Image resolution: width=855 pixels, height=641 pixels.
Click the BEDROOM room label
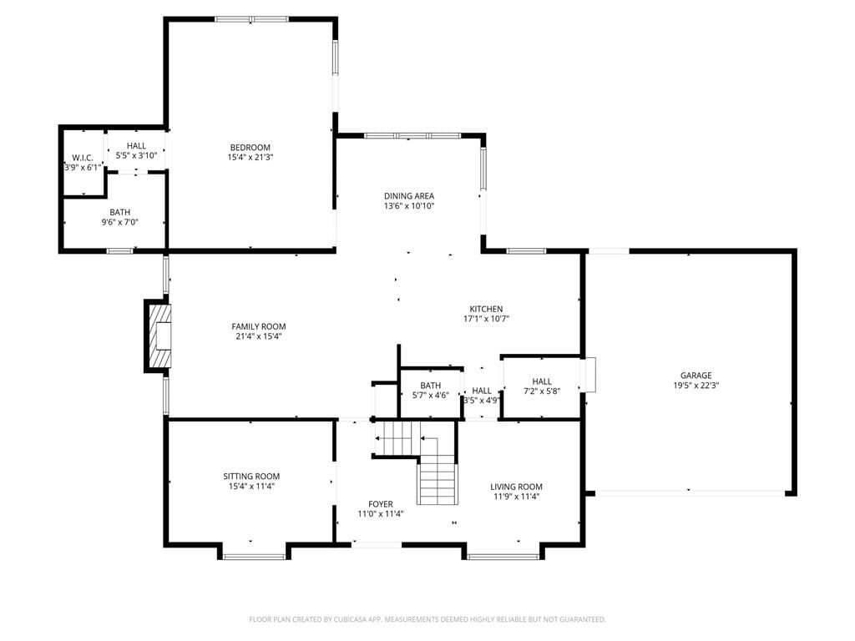[250, 147]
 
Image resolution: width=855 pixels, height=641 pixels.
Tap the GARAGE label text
[696, 375]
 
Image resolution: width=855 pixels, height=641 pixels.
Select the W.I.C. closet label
[83, 158]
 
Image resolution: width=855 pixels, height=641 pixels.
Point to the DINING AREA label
[409, 195]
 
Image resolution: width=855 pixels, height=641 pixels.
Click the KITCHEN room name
[487, 309]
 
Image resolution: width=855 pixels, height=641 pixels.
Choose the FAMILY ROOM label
[259, 326]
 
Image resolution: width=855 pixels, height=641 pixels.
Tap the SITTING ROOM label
[251, 476]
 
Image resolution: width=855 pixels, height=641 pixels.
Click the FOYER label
[381, 503]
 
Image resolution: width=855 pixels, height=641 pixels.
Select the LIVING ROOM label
[516, 487]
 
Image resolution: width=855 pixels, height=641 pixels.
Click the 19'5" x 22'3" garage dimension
[696, 385]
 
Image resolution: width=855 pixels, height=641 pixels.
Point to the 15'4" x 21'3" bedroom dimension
[250, 157]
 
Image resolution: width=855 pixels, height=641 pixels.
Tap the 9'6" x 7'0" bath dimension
[120, 222]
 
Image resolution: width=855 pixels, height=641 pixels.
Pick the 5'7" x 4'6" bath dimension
[431, 395]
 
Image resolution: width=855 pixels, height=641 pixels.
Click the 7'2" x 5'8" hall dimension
[542, 391]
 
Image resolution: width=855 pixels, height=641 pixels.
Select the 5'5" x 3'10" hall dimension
[136, 155]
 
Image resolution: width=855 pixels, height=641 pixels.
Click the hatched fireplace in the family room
[158, 336]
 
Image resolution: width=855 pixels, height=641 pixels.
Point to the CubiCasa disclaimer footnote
[427, 619]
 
